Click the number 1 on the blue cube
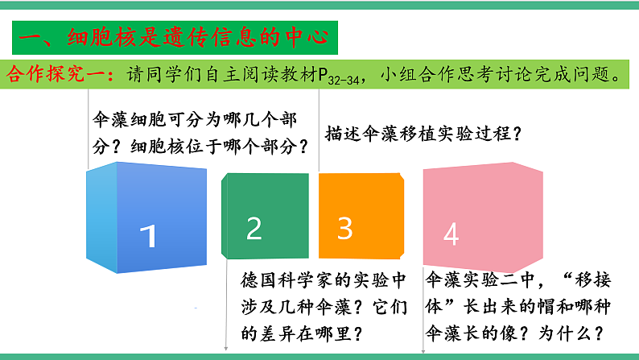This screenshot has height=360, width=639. (147, 236)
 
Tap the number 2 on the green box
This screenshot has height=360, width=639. (254, 229)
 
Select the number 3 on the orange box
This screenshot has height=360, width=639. (344, 229)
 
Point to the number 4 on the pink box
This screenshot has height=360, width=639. (451, 234)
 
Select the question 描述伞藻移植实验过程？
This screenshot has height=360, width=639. (421, 134)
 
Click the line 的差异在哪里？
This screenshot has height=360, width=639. (299, 332)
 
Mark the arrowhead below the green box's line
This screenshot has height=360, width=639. (226, 350)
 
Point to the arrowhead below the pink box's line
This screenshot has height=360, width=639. (423, 350)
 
